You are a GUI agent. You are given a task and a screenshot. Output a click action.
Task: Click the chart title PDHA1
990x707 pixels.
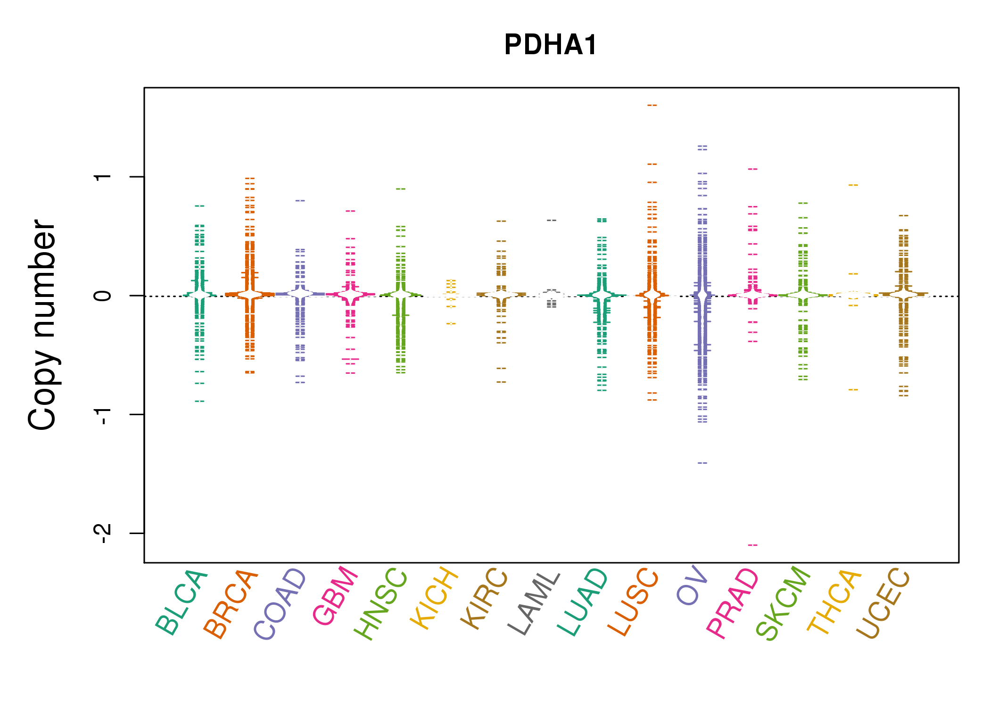coord(551,45)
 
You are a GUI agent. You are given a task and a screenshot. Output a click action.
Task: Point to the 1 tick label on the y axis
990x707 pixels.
coord(103,177)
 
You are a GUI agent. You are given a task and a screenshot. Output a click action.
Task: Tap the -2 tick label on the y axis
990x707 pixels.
coord(103,533)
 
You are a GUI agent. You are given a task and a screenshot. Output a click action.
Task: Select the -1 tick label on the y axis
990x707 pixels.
coord(103,414)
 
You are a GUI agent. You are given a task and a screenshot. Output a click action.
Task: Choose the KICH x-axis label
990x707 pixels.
coord(434,598)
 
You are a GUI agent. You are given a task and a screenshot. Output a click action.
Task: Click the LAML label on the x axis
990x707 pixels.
coord(534,603)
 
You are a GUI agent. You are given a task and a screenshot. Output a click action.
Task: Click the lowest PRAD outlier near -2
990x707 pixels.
coord(752,545)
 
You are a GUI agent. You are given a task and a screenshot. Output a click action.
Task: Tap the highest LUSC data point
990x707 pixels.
coord(652,106)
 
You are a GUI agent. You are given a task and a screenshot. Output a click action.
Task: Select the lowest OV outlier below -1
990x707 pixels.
coord(702,463)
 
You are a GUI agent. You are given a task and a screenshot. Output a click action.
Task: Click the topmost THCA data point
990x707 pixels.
coord(853,185)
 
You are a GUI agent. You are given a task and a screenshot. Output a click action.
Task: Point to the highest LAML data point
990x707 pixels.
coord(552,220)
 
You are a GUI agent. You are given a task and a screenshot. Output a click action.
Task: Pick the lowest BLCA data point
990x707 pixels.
coord(200,401)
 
